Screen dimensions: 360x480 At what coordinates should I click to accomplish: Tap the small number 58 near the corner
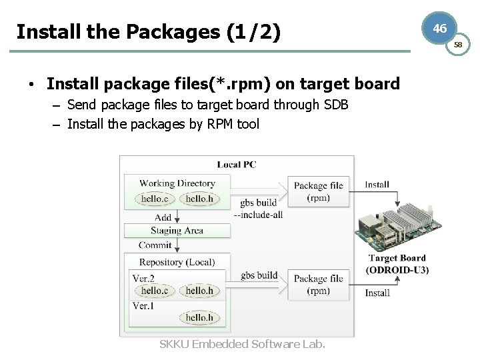pos(458,45)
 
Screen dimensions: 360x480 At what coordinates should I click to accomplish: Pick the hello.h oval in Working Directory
pos(199,199)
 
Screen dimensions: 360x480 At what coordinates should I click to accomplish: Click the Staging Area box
pos(177,231)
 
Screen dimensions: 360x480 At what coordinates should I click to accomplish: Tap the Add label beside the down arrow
pos(163,217)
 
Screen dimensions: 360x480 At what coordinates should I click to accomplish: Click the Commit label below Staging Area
pos(155,245)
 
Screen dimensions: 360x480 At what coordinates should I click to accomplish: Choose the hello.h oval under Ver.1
pos(199,318)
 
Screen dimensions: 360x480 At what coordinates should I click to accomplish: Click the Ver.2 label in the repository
pos(143,278)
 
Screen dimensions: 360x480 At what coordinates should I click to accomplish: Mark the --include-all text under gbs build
pos(259,215)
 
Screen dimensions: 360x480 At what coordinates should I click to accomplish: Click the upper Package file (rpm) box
pos(318,191)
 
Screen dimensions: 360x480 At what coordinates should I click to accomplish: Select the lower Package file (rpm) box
pos(318,284)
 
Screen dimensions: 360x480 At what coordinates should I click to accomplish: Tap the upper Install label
pos(377,185)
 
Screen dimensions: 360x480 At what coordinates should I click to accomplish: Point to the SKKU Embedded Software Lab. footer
pos(243,344)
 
